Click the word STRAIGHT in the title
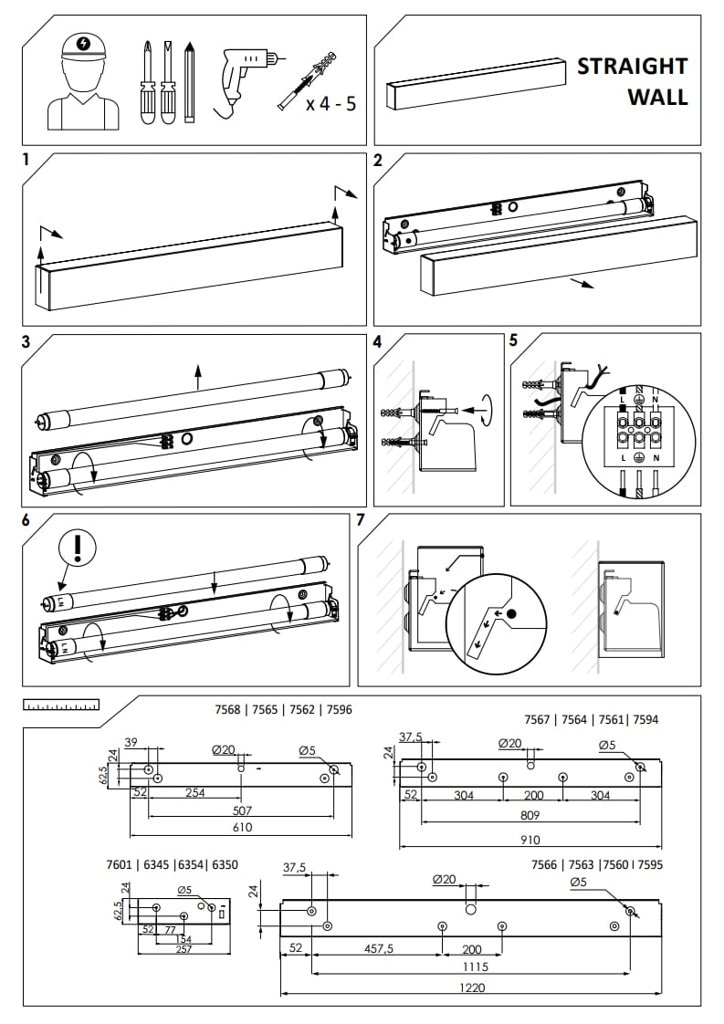(632, 67)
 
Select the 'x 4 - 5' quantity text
(331, 103)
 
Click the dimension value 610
(242, 827)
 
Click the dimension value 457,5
(378, 949)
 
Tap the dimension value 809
(530, 814)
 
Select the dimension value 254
(194, 793)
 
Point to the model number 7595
(649, 864)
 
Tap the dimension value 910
(530, 840)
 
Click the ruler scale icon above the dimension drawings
(61, 705)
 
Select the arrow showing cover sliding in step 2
(579, 283)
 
